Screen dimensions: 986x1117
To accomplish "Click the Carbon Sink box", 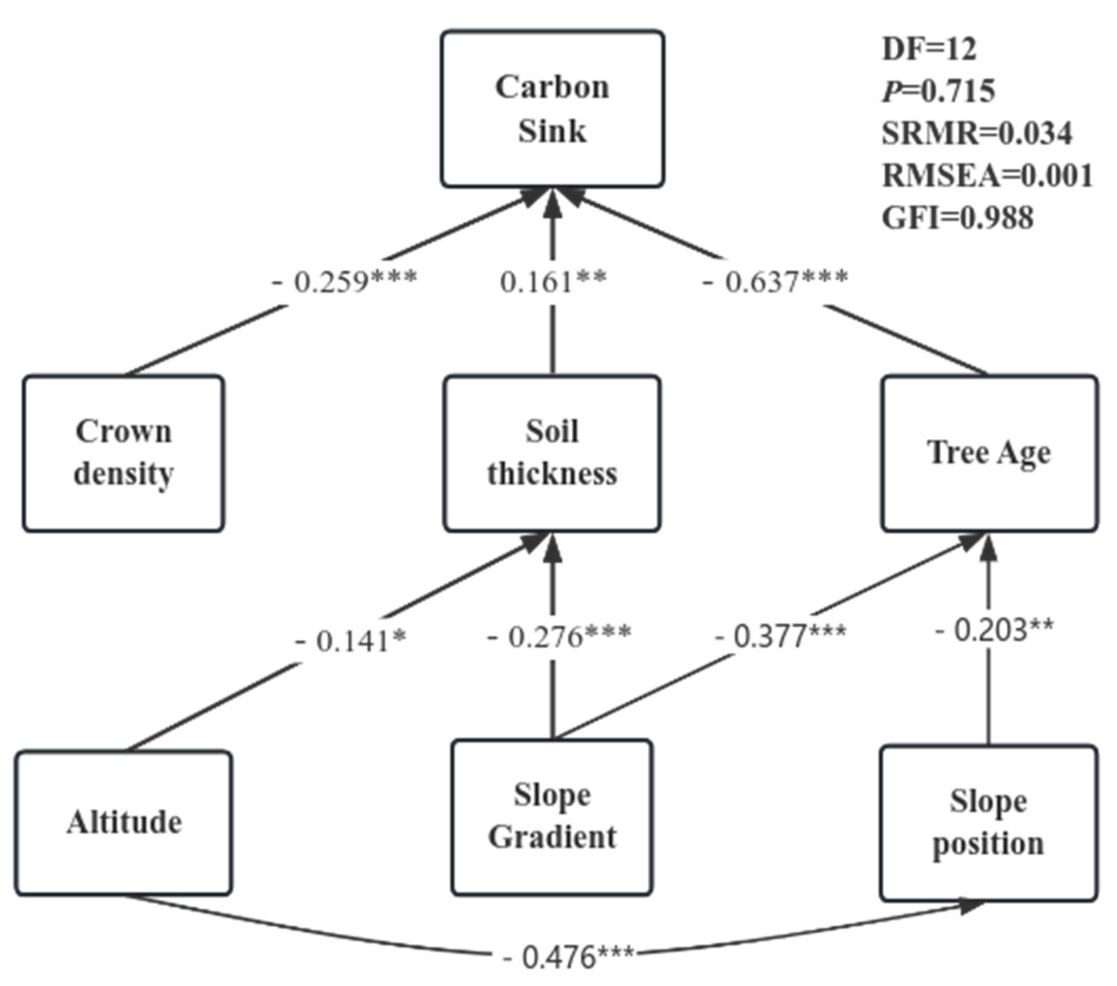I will (x=553, y=109).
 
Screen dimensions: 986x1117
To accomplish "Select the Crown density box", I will (x=124, y=453).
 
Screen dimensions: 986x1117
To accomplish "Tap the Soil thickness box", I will (x=552, y=453).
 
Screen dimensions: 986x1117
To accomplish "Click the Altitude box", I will (x=124, y=822).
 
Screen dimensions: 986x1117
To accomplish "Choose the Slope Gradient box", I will (x=552, y=817).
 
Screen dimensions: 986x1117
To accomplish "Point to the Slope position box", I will (x=988, y=822).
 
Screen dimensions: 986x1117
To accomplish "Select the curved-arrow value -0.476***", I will (x=567, y=957).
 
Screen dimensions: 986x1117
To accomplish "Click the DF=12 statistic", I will (x=929, y=49).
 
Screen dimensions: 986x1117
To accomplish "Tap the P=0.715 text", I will (x=939, y=91).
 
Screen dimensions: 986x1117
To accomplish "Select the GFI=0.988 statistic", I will (x=957, y=218).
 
